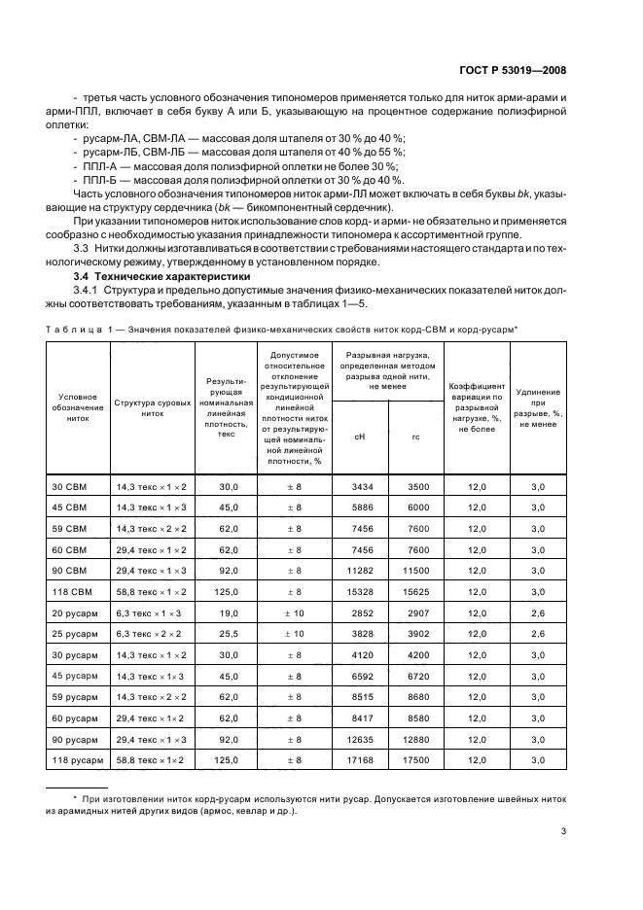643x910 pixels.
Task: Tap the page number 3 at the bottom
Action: point(563,830)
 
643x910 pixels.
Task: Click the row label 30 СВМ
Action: point(69,485)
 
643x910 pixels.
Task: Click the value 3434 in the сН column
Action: point(361,485)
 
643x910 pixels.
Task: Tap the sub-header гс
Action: point(415,437)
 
